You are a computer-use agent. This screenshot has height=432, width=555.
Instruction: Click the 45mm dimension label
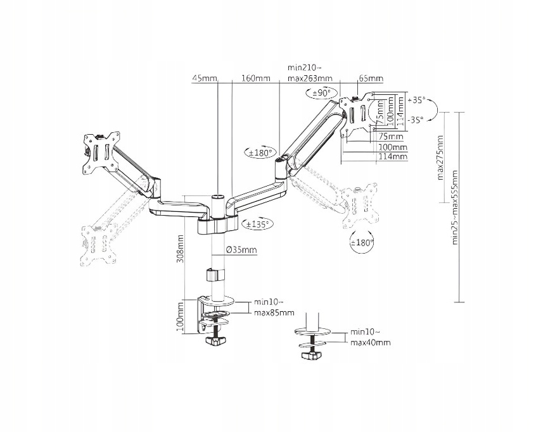(204, 79)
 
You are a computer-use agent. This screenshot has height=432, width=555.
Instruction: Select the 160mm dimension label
(256, 79)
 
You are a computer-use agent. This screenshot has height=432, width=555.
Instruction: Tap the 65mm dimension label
(371, 79)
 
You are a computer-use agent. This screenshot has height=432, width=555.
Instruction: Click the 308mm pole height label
(181, 249)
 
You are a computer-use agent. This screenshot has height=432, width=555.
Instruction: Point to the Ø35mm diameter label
(243, 250)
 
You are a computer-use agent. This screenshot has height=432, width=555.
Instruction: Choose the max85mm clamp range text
(274, 312)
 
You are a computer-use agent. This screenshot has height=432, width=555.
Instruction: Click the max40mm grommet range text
(370, 342)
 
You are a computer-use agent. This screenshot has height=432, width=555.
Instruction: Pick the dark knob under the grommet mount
(310, 357)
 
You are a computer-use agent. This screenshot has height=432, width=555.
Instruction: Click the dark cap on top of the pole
(217, 197)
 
